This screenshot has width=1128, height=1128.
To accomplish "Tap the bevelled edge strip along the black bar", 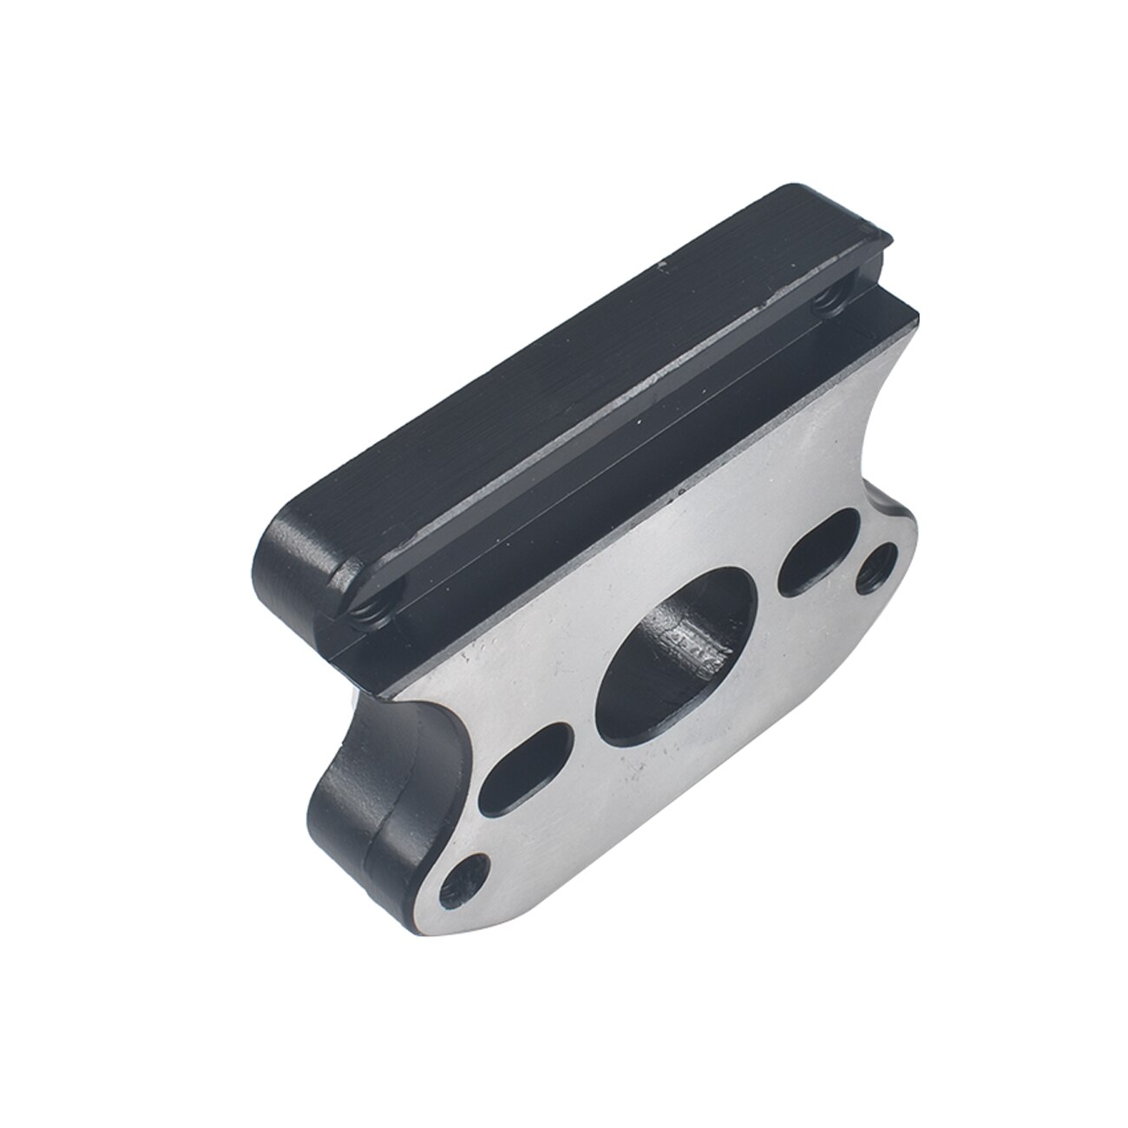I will point(607,451).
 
